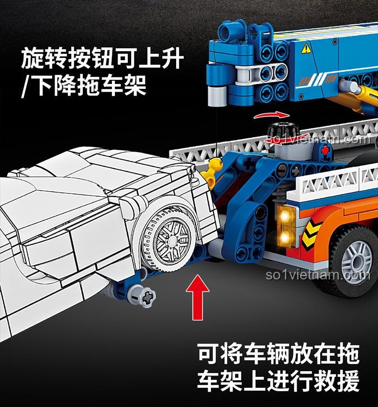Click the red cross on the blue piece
(325, 150)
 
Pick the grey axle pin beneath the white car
(141, 295)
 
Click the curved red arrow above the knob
(271, 115)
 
